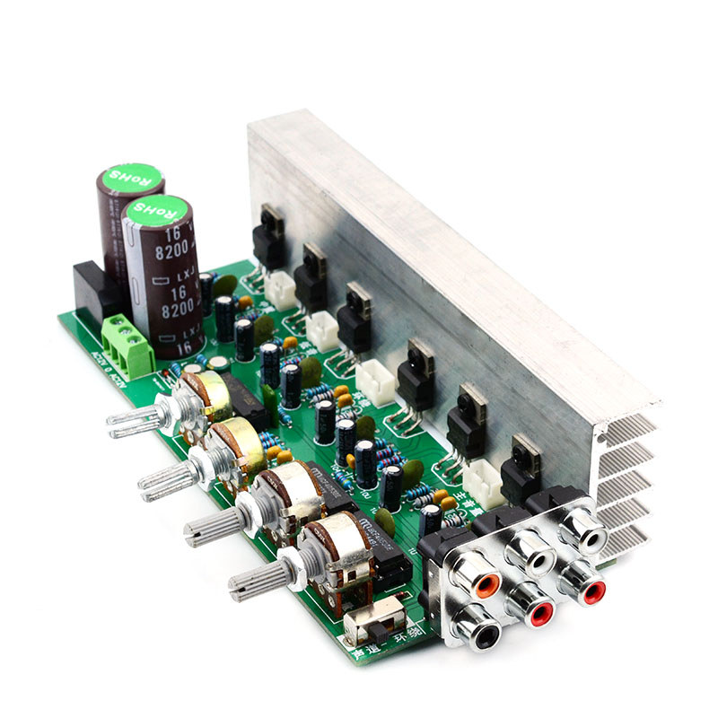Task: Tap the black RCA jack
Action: coord(486,635)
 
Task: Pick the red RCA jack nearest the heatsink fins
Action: coord(593,591)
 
